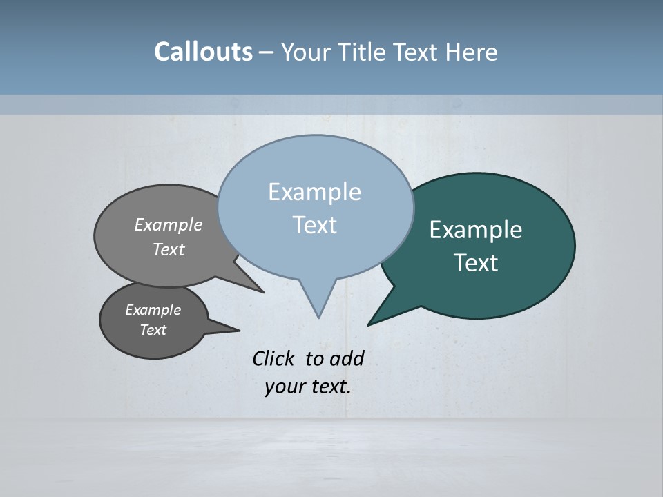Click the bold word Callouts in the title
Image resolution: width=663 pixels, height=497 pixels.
(x=203, y=52)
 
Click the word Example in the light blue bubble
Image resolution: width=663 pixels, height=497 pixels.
(x=314, y=192)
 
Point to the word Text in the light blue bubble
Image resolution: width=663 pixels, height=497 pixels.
(x=314, y=225)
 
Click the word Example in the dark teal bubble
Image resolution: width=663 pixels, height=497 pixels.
(x=476, y=230)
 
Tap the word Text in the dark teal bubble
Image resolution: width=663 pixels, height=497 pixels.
(x=476, y=263)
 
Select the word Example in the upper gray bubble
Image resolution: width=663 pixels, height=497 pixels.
(x=169, y=224)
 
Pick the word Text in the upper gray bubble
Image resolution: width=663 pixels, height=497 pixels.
(x=169, y=249)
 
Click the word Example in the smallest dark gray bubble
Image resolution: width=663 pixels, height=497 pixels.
(x=153, y=310)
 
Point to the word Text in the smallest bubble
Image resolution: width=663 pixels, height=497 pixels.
(x=153, y=330)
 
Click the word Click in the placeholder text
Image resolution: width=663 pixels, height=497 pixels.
(x=275, y=358)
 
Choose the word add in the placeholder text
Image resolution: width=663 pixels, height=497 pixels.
(x=346, y=358)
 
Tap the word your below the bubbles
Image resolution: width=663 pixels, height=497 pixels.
(x=285, y=387)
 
